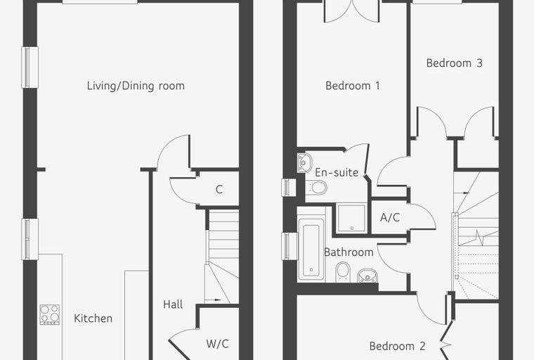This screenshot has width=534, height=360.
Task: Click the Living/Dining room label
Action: (136, 86)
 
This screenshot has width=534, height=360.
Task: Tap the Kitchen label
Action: (93, 319)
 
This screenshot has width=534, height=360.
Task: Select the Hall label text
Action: (173, 304)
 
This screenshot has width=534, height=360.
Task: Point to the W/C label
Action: (217, 344)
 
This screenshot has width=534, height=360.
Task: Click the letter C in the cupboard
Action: (219, 189)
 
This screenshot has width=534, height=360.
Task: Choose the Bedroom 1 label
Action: (353, 86)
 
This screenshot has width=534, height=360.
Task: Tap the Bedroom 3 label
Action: (455, 63)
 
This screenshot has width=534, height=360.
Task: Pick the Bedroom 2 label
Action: (397, 346)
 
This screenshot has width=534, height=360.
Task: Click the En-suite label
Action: (337, 172)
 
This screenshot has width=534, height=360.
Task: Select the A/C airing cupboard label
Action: (390, 217)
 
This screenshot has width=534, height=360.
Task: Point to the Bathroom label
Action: (349, 252)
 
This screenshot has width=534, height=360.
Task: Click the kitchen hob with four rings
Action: (50, 314)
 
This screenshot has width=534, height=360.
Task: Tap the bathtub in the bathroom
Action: (311, 250)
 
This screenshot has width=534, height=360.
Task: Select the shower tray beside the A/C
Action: (352, 218)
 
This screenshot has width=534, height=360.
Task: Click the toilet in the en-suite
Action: (317, 188)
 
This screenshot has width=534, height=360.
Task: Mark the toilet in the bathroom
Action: (343, 272)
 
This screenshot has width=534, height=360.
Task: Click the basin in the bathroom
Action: (367, 276)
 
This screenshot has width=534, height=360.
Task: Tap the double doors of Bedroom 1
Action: (352, 11)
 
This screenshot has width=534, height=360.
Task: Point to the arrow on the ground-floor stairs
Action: (213, 300)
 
